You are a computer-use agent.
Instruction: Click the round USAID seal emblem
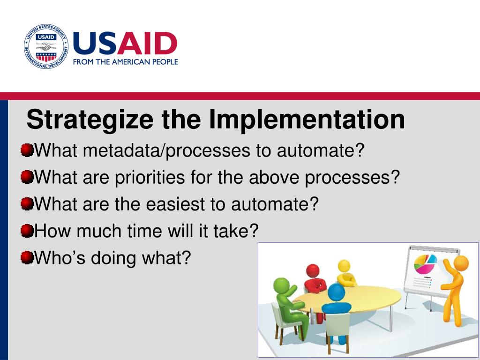46,46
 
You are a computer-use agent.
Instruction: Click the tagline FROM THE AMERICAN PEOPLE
126,62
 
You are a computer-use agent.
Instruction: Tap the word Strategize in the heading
90,120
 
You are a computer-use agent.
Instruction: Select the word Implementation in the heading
307,120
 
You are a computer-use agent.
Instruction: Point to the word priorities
150,177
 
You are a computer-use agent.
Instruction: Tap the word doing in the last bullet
113,258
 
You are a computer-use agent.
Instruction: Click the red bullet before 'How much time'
27,231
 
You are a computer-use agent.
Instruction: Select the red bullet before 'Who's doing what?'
27,257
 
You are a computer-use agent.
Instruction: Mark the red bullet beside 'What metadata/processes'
27,150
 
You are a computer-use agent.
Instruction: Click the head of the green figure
281,285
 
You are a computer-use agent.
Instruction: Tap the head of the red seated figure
313,271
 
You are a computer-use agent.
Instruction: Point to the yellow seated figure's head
344,266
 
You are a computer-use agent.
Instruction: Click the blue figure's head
336,292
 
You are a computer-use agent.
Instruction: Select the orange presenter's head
461,263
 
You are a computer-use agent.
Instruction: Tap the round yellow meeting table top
347,299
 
